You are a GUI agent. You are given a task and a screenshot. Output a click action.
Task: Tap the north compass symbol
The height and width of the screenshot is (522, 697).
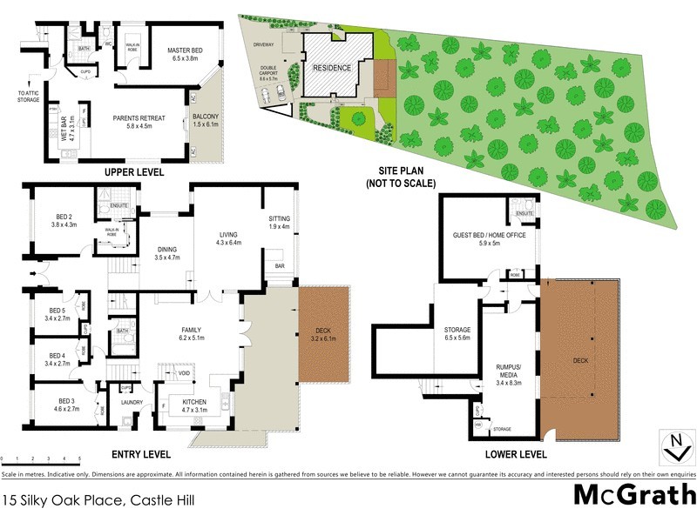click(673, 449)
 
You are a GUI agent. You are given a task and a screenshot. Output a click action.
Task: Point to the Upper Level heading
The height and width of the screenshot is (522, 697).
click(134, 172)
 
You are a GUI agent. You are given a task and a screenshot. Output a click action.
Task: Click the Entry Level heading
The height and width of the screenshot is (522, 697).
click(142, 454)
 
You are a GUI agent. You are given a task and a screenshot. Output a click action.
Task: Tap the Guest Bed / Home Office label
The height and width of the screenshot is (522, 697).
click(489, 239)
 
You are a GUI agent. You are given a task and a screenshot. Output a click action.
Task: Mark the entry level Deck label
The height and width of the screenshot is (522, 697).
click(323, 332)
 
